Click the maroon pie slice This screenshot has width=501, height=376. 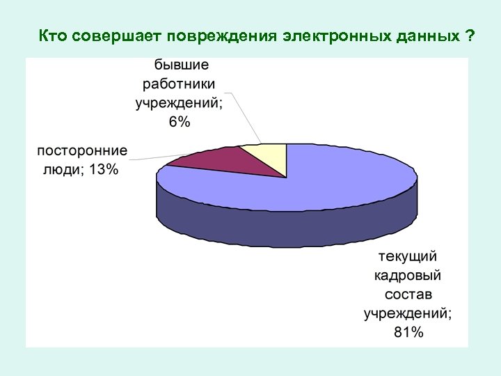tap(212, 162)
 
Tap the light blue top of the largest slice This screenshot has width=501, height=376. tap(313, 185)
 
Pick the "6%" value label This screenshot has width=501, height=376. tap(179, 122)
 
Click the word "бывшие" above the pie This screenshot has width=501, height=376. tap(180, 65)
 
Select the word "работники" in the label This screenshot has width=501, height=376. tap(180, 84)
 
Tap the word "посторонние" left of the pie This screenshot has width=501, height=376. tap(82, 151)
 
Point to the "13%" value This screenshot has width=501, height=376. tap(104, 171)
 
